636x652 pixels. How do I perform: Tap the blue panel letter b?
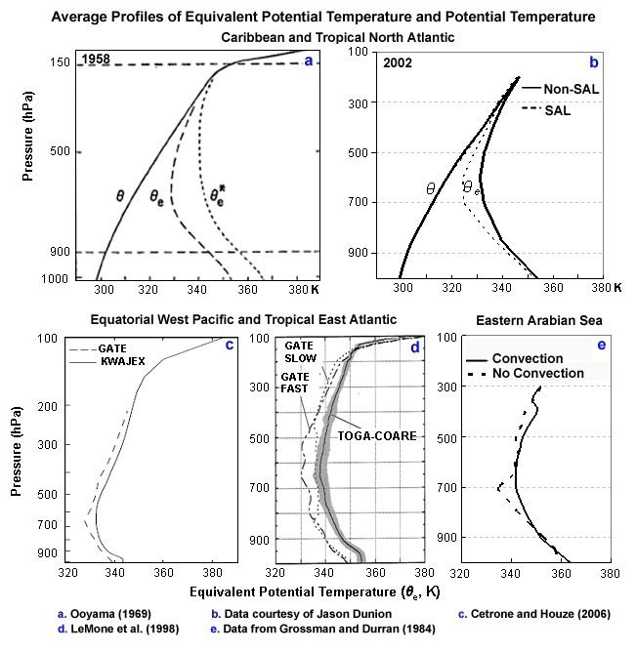(x=592, y=61)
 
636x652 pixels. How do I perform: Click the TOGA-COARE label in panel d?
(x=379, y=436)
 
